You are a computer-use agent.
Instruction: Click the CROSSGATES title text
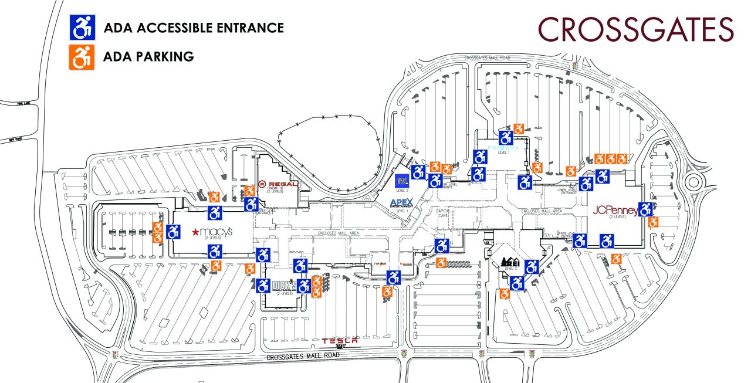tap(635, 29)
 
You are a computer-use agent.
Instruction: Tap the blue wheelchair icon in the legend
tap(82, 27)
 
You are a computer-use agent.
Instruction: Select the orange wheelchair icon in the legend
tap(82, 57)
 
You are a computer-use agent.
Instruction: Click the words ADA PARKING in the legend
tap(148, 57)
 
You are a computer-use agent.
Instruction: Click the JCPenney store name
tap(615, 209)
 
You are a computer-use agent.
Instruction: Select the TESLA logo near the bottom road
tap(340, 341)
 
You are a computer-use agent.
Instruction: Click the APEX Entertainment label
tap(402, 203)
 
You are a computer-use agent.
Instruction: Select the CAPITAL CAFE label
tap(442, 213)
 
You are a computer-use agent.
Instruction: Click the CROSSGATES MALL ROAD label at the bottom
tap(303, 357)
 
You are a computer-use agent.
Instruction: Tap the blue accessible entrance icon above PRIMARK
tap(506, 138)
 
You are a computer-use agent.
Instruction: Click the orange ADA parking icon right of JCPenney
tap(652, 222)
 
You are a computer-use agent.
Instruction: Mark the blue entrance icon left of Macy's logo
tap(173, 232)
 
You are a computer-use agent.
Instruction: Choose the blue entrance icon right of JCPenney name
tap(645, 209)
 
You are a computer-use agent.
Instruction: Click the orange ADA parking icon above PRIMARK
tap(519, 128)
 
